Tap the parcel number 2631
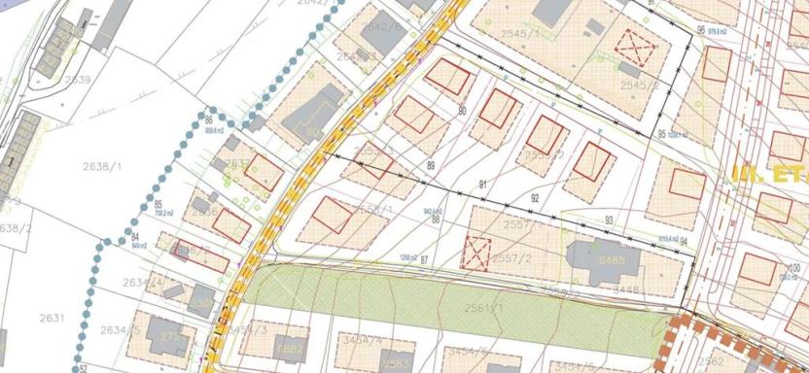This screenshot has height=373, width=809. click(52, 318)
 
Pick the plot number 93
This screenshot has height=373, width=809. click(609, 220)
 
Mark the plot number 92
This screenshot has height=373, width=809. click(535, 198)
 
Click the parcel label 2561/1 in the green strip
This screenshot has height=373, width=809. click(483, 308)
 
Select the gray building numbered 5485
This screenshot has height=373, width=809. click(613, 260)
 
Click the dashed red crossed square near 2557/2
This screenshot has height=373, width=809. click(476, 253)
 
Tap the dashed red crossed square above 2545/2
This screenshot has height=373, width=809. click(634, 44)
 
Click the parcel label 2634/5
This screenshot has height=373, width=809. click(118, 331)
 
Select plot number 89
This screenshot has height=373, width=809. click(431, 166)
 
